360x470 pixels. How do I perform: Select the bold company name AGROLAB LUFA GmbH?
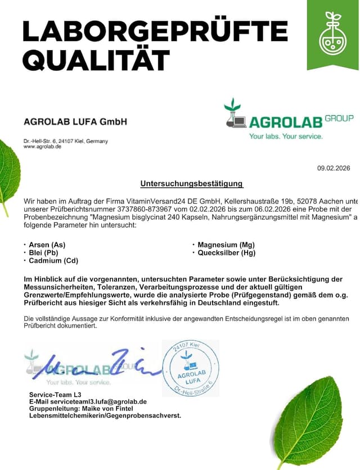point(75,121)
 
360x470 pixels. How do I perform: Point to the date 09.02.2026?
point(334,168)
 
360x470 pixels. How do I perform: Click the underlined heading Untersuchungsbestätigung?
point(192,183)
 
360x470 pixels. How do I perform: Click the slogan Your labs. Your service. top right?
point(286,136)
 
